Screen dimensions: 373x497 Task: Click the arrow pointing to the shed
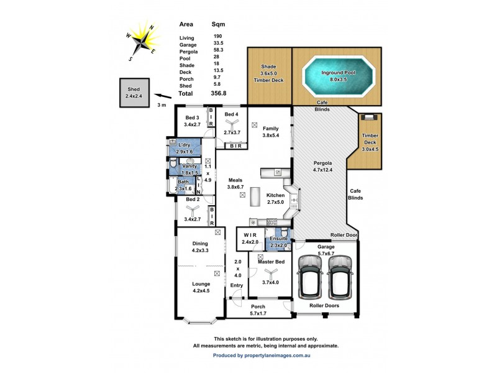(162, 96)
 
